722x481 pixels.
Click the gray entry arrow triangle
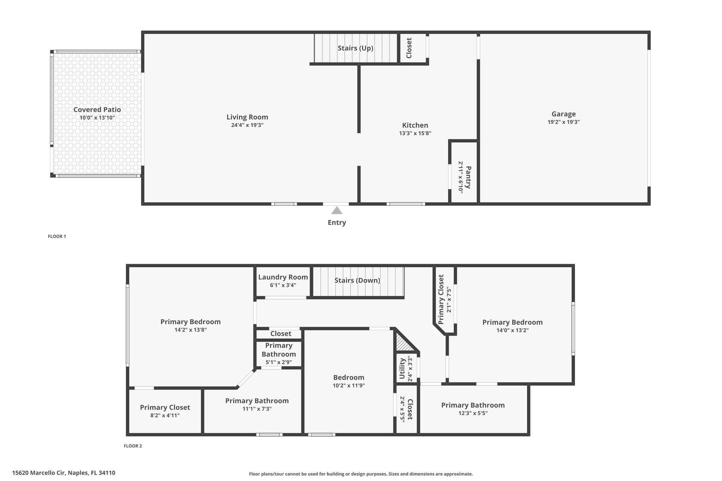coord(337,211)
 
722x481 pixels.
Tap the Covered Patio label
coord(97,110)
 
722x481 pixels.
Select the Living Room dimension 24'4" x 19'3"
coord(247,125)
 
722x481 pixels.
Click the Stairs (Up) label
coord(355,48)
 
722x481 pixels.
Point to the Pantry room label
coord(468,177)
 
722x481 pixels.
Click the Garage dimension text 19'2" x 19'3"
coord(563,122)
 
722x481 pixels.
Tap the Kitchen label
coord(415,125)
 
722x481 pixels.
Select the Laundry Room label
coord(283,277)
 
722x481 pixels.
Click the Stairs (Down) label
coord(357,280)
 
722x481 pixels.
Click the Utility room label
coord(402,369)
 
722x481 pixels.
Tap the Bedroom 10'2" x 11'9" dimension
coord(348,386)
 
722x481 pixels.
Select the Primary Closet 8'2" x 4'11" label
coord(165,408)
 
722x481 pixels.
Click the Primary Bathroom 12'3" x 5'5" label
coord(473,405)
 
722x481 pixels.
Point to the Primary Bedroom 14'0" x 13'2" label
coord(512,322)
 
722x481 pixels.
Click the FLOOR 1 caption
coord(57,236)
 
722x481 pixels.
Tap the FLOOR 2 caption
coord(133,446)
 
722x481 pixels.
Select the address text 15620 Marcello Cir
coord(63,473)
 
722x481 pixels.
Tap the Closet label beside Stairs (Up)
coord(409,48)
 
